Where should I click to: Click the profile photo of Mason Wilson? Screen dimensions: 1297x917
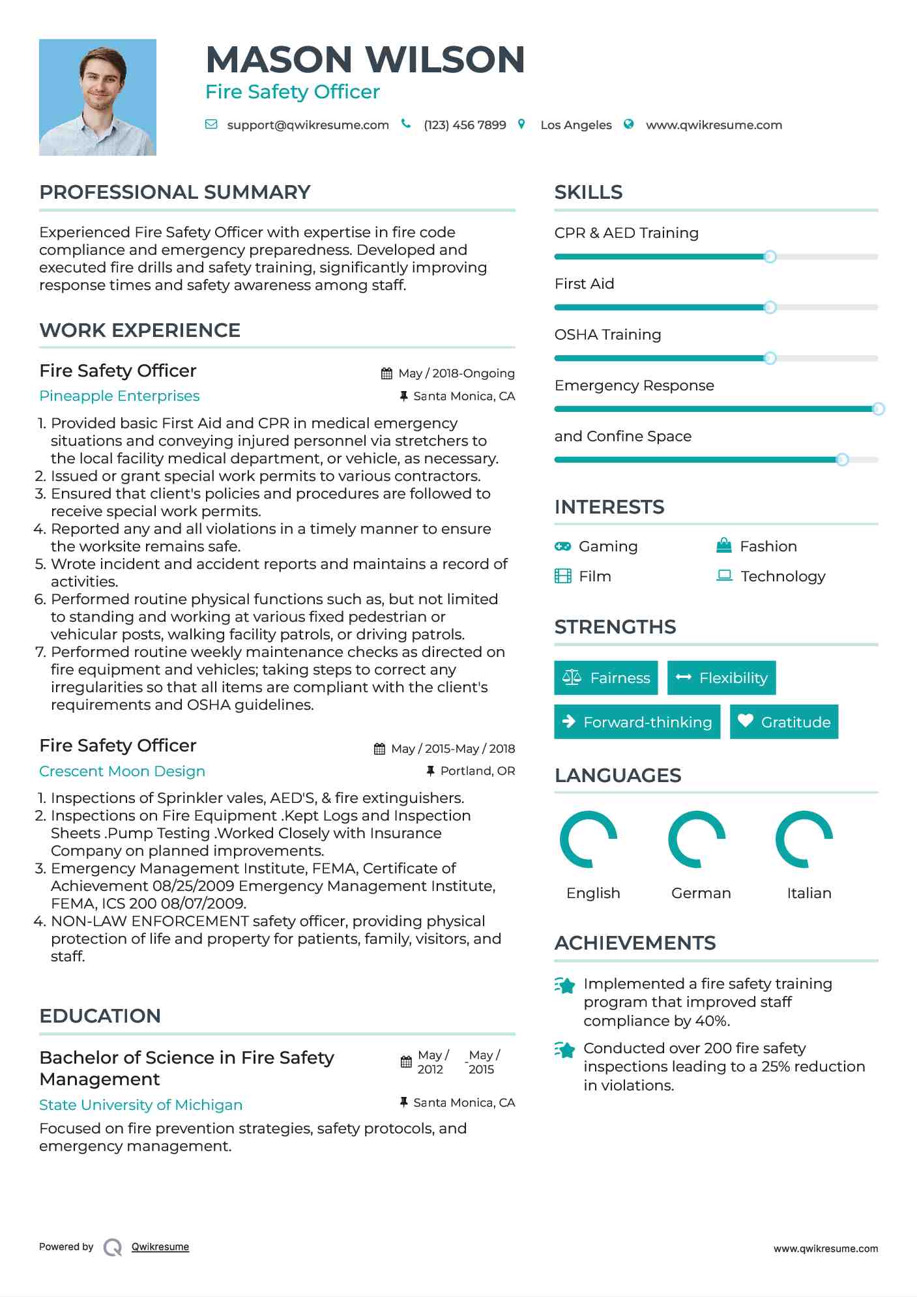[x=98, y=97]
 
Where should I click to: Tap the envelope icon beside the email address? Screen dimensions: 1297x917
[x=211, y=124]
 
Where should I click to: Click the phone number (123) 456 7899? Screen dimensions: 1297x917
[x=465, y=125]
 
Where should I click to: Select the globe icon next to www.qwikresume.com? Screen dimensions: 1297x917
[x=628, y=124]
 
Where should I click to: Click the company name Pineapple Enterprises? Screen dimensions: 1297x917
[x=119, y=396]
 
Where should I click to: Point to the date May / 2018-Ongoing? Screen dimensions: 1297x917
[x=456, y=373]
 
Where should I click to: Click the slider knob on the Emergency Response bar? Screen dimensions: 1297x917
[x=878, y=409]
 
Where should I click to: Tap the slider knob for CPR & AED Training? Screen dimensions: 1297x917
[x=770, y=257]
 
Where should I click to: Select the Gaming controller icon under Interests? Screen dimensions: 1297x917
[x=562, y=546]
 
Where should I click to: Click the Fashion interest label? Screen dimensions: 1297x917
[x=768, y=546]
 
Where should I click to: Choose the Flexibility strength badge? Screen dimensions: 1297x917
[x=721, y=678]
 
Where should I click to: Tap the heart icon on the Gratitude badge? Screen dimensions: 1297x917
[x=746, y=721]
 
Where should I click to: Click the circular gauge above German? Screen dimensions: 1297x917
[x=697, y=839]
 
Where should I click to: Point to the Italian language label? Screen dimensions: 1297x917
[x=809, y=893]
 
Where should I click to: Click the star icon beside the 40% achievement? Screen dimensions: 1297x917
[x=564, y=985]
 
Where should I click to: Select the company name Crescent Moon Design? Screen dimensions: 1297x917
[x=122, y=772]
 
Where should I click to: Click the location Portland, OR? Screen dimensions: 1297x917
[x=477, y=771]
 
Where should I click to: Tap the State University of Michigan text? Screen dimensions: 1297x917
[x=141, y=1105]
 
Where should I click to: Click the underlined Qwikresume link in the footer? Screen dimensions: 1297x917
[x=160, y=1247]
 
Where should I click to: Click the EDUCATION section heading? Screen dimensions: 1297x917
[x=100, y=1016]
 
